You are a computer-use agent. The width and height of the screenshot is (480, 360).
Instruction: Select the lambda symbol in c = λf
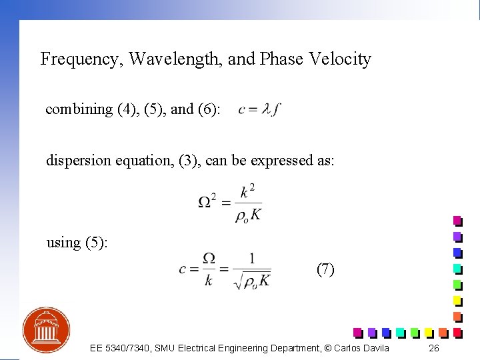(x=267, y=109)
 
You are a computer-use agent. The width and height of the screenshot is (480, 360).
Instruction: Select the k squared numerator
(x=247, y=192)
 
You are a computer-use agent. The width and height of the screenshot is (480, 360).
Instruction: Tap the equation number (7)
(x=325, y=269)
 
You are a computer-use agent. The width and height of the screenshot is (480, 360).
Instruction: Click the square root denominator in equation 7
(x=252, y=281)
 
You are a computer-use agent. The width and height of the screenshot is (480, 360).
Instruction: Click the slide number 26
(x=434, y=349)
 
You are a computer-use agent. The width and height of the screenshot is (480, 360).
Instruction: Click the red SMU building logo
(x=47, y=331)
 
